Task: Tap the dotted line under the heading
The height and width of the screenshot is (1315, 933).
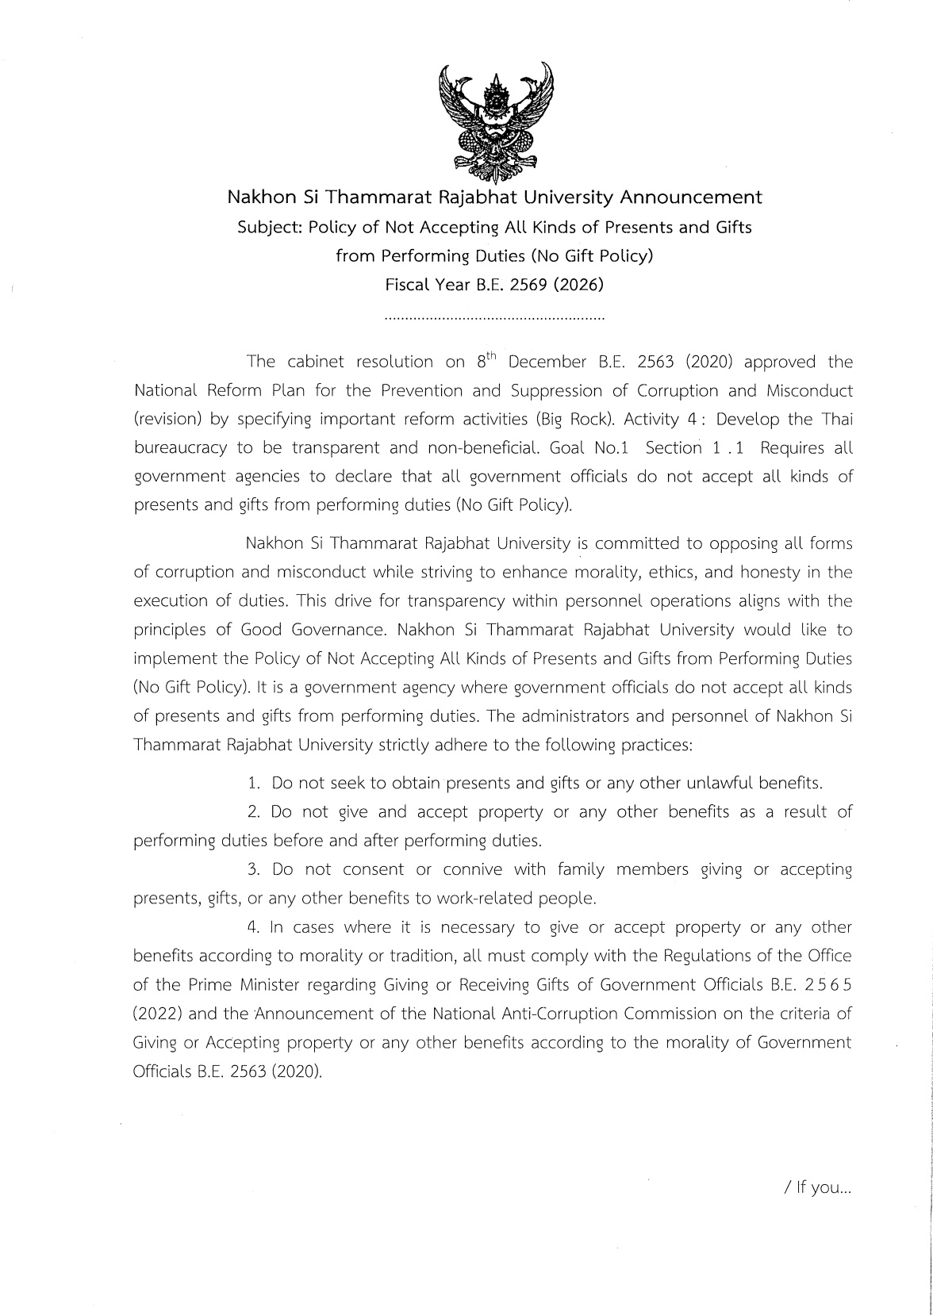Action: [493, 319]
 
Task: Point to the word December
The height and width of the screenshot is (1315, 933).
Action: [547, 362]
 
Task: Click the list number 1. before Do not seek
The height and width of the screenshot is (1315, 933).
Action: [254, 784]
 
